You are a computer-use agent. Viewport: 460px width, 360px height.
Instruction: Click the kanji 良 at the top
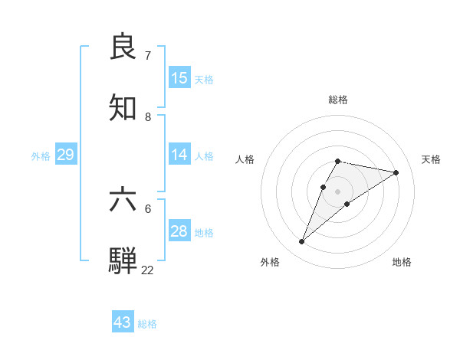coord(123,47)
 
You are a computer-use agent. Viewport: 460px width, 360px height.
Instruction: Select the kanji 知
coord(123,108)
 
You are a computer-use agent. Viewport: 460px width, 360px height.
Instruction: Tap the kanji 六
coord(123,200)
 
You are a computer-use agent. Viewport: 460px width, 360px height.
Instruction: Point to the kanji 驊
coord(123,260)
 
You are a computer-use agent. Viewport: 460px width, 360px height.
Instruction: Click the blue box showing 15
coord(179,78)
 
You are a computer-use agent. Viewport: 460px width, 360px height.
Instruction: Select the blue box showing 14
coord(179,155)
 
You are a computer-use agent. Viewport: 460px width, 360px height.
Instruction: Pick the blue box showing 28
coord(179,231)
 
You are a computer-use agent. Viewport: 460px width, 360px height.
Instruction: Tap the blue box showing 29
coord(65,155)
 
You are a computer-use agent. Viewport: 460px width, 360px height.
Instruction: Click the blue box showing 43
coord(123,322)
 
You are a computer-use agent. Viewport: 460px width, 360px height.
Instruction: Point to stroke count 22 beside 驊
coord(147,270)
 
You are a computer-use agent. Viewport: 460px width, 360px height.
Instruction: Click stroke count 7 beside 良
coord(148,56)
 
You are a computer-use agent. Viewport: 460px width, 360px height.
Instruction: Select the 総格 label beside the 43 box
coord(147,324)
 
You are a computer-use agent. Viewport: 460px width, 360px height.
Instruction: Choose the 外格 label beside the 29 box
coord(41,156)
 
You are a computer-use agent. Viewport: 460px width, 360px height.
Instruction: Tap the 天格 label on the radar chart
coord(431,159)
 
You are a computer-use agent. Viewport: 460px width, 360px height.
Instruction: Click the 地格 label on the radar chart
coord(402,262)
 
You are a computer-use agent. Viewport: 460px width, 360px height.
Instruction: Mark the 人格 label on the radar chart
coord(245,159)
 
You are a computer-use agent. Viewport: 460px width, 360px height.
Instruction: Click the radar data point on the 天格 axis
coord(396,172)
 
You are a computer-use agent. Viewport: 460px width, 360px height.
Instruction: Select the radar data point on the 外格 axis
coord(302,242)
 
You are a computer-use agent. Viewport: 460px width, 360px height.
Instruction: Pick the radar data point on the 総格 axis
coord(337,161)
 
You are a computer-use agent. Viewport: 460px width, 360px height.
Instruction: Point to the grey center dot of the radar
coord(337,191)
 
